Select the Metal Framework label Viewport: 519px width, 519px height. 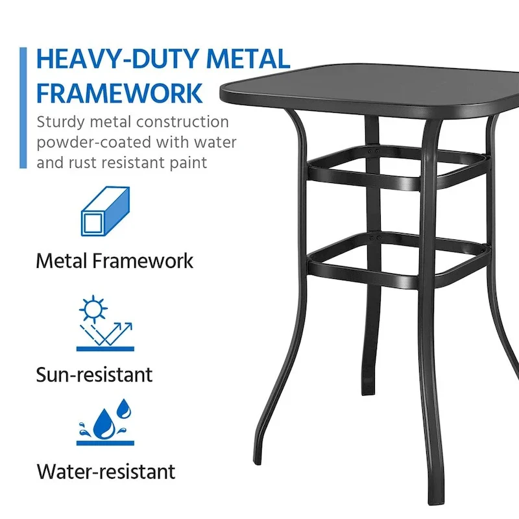click(x=115, y=261)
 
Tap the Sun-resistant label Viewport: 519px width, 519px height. click(x=95, y=374)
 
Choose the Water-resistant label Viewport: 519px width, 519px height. click(x=106, y=471)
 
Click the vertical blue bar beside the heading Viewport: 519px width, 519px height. click(x=23, y=108)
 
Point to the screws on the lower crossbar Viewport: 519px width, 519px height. click(x=372, y=239)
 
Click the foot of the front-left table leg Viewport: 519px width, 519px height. click(x=258, y=459)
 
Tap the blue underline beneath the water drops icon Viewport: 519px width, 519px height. click(x=105, y=443)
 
